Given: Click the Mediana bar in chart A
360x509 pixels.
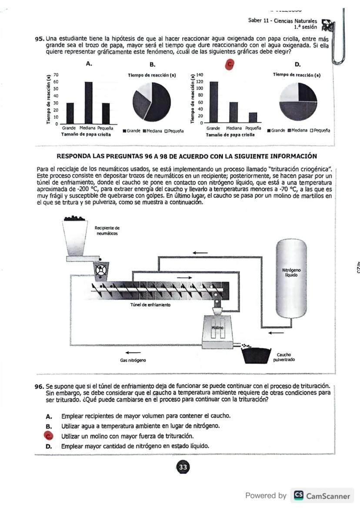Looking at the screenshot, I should tap(88, 103).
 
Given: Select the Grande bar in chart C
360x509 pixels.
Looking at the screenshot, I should tap(213, 102).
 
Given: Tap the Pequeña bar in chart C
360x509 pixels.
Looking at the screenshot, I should tap(253, 117).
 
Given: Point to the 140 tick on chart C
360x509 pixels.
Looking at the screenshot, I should tap(200, 75).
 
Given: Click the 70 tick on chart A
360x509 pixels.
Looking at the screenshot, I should tap(56, 75).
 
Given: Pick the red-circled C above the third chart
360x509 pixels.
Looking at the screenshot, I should tap(230, 64).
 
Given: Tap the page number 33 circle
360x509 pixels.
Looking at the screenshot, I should tap(182, 467).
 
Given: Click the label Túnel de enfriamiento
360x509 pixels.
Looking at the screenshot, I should tap(151, 305).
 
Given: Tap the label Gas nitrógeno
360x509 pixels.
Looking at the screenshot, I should tap(133, 360).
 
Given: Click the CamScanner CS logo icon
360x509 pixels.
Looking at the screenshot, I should tap(299, 496).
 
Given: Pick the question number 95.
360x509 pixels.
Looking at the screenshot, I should tap(40, 39).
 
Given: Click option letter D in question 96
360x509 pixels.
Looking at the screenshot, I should tap(49, 446).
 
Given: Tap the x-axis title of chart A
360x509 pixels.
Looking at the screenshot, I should tap(86, 134).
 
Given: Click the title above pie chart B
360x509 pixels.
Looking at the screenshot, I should tap(152, 75).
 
